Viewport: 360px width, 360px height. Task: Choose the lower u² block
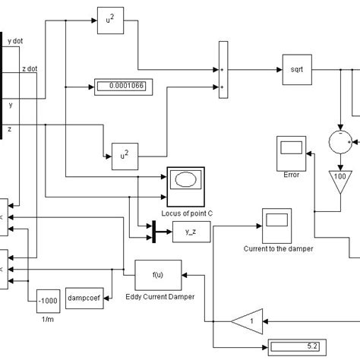tap(125, 153)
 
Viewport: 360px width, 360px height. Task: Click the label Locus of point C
tap(186, 214)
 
